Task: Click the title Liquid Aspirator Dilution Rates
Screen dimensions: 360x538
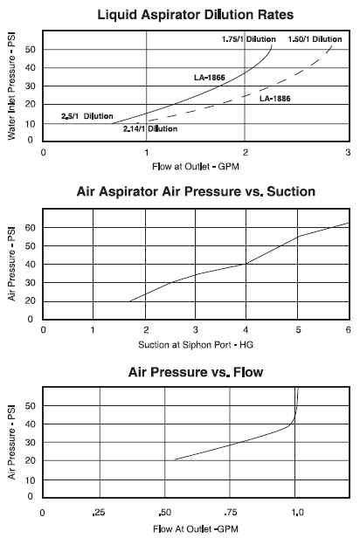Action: point(196,15)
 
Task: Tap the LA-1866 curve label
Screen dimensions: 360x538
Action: point(210,78)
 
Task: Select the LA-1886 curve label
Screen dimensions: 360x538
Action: point(275,99)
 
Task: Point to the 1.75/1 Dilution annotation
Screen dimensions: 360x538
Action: point(248,39)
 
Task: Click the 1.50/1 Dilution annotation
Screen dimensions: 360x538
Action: point(315,39)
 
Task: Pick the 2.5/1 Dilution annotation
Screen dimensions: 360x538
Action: point(87,116)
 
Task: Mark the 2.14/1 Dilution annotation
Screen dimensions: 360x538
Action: point(150,129)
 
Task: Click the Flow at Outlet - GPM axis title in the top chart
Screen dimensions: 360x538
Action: point(196,167)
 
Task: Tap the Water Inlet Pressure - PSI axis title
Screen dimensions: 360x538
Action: point(11,86)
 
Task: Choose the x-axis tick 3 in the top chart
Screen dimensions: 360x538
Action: point(348,152)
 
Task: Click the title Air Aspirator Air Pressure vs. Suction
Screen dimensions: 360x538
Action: point(196,191)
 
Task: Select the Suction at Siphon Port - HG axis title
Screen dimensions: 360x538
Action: point(196,344)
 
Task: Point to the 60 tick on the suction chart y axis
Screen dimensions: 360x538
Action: point(31,228)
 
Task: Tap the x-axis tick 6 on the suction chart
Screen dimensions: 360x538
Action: point(349,330)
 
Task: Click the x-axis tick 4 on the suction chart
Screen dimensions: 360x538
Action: point(246,330)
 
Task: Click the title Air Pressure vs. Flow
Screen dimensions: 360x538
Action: point(196,372)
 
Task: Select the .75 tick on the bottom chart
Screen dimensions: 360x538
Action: point(231,513)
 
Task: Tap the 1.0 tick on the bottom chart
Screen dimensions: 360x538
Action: point(298,513)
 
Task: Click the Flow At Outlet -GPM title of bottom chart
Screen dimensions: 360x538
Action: point(196,528)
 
